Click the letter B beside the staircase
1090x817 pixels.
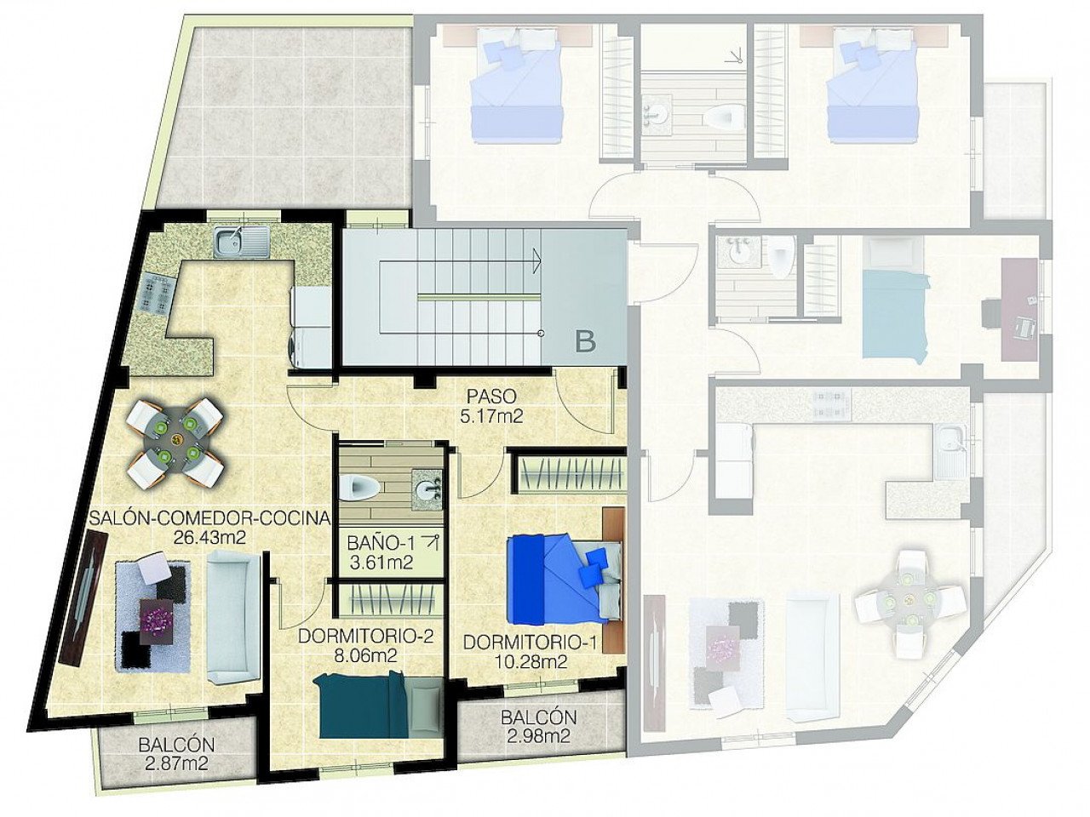585,342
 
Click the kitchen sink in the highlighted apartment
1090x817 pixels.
242,242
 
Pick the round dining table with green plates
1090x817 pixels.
176,440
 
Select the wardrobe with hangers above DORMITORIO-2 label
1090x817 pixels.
388,600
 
